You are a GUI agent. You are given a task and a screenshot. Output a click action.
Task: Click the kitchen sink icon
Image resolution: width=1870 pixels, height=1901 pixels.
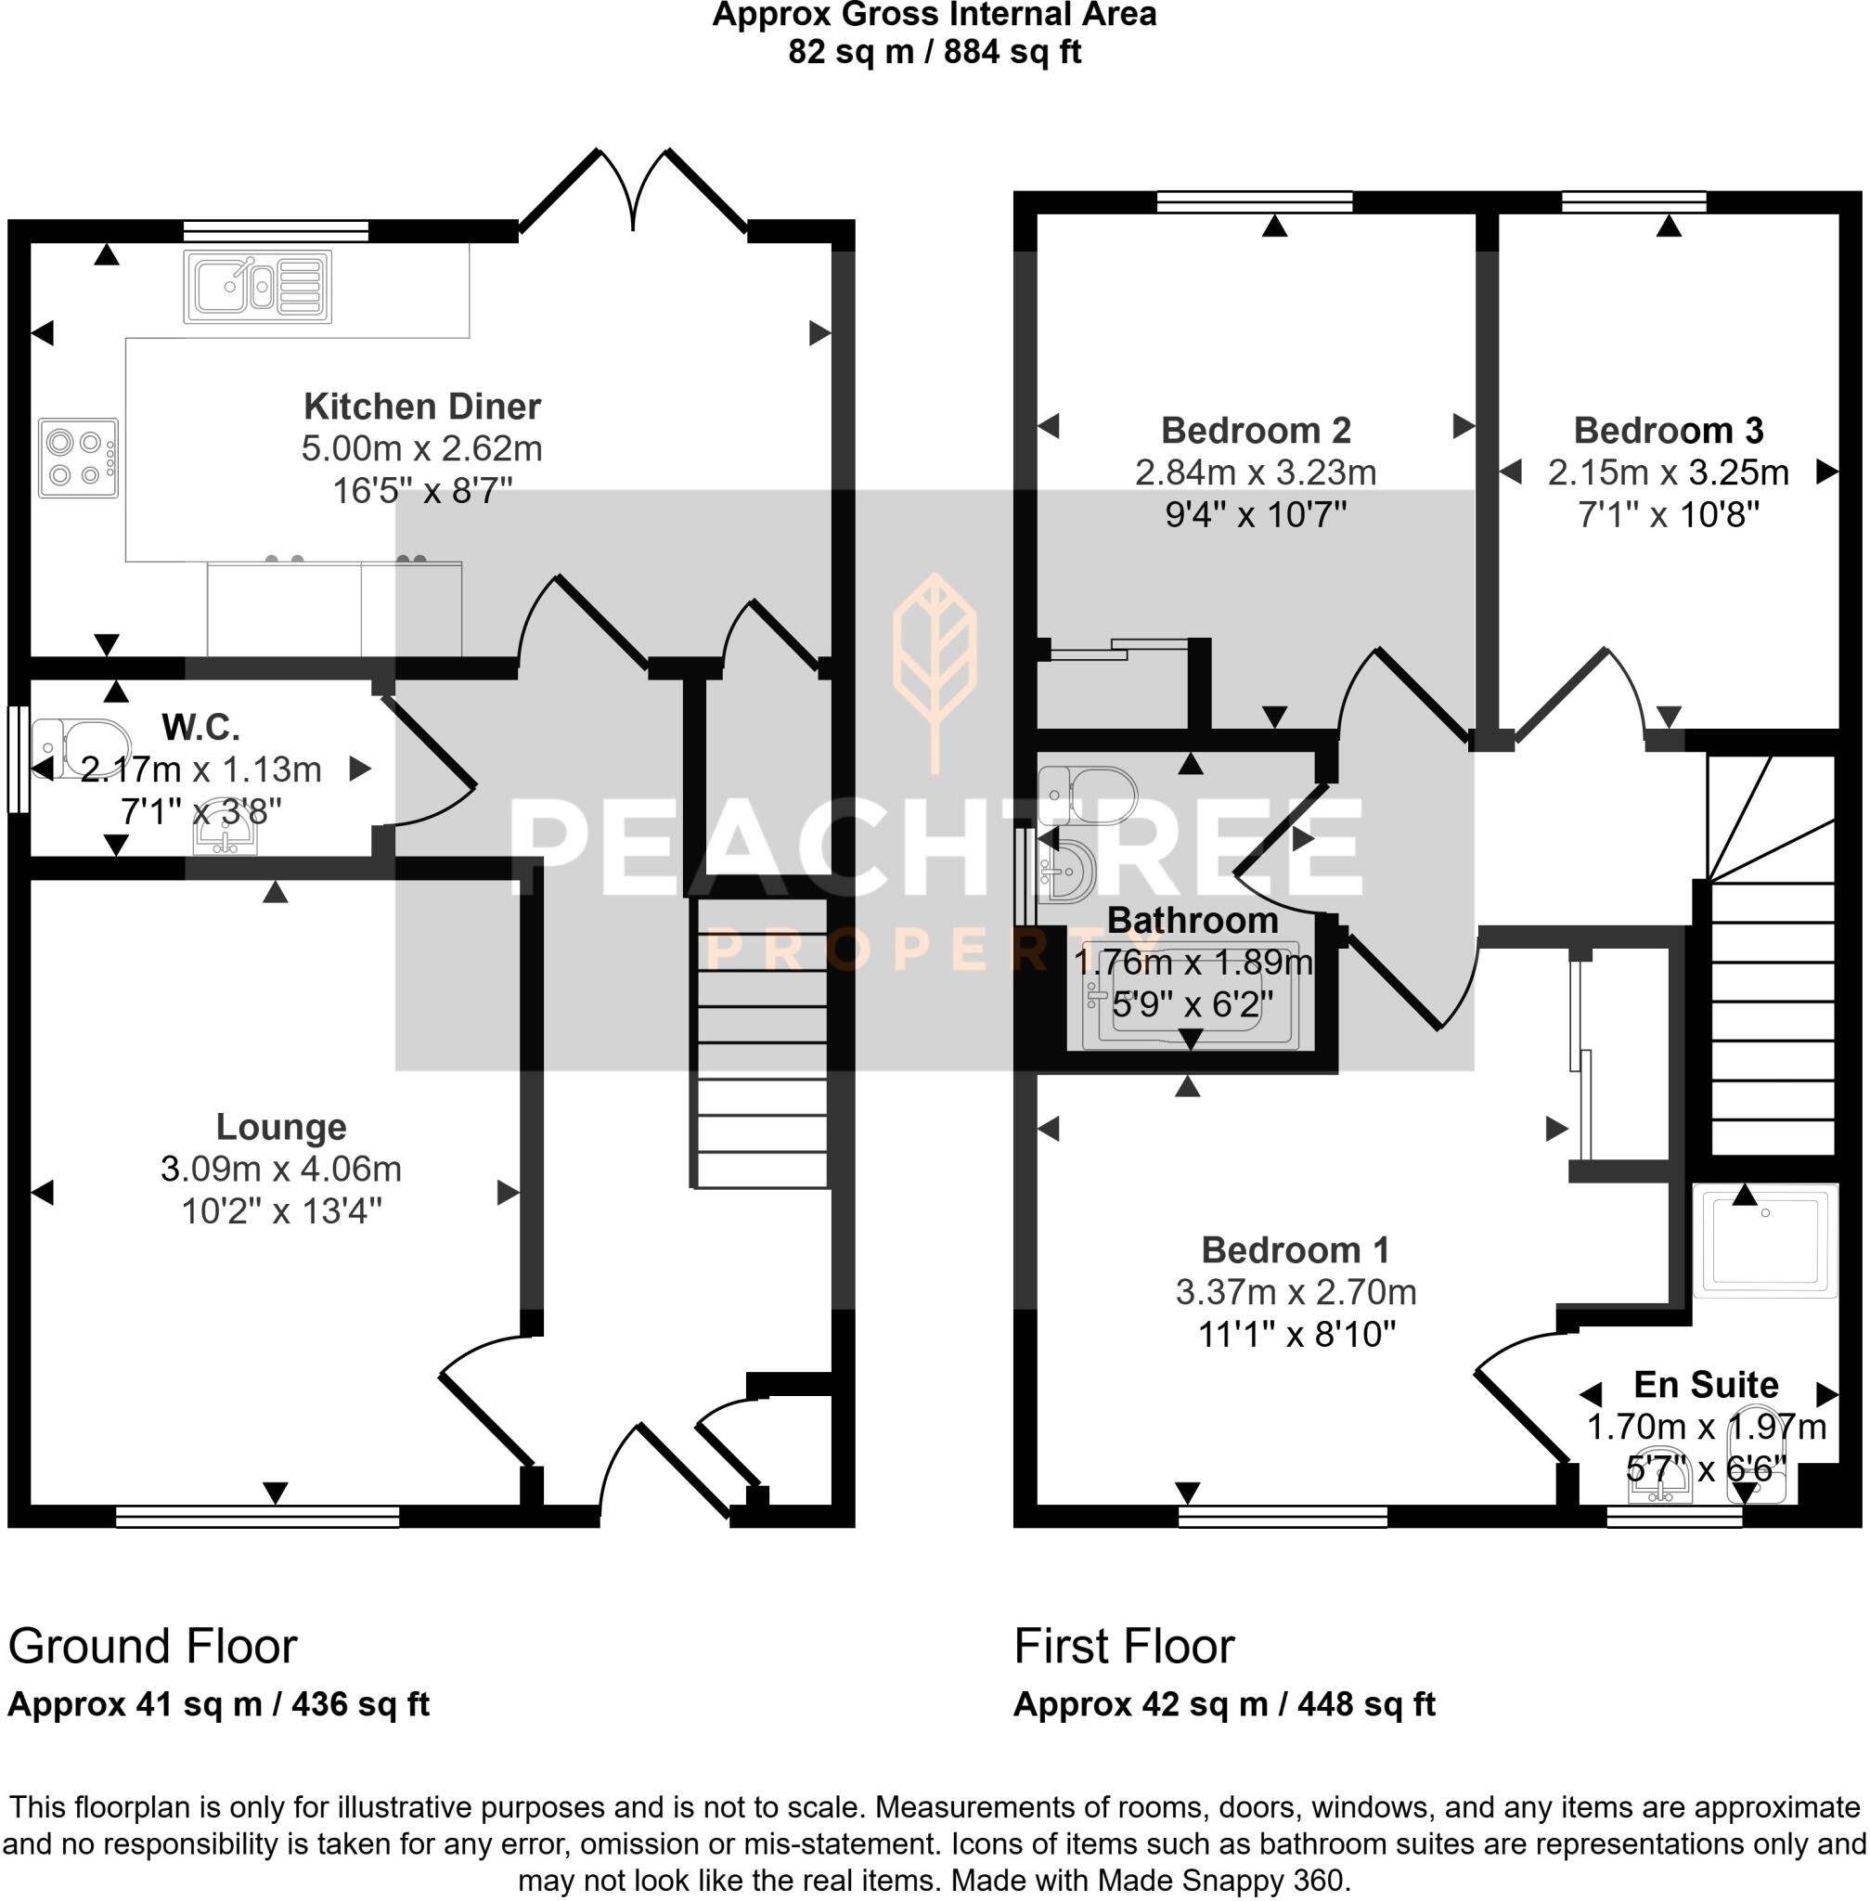coord(257,286)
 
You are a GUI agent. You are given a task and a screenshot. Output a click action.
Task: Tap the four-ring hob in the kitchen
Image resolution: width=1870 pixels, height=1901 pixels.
coord(79,458)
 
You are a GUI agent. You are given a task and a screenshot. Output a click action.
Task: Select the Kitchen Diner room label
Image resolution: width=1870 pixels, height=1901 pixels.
coord(421,406)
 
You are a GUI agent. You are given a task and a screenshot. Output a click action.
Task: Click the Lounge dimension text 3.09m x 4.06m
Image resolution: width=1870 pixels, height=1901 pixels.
coord(281,1169)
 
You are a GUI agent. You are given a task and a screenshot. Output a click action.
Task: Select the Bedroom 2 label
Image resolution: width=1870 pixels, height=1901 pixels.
coord(1256,431)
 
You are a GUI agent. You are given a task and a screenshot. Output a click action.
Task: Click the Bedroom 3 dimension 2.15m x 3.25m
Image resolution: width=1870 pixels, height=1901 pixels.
coord(1668,472)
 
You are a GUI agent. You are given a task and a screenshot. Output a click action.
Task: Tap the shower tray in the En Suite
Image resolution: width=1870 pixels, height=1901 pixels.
coord(1764,1241)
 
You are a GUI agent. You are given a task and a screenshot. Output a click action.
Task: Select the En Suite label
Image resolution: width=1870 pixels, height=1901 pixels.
coord(1706,1384)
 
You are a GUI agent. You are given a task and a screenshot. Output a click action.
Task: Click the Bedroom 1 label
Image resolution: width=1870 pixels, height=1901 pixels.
coord(1295,1249)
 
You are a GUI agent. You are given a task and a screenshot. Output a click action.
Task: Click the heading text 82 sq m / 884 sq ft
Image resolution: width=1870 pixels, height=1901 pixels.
coord(934,51)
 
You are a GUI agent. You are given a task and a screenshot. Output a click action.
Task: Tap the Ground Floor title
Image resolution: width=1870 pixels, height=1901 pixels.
coord(152,1646)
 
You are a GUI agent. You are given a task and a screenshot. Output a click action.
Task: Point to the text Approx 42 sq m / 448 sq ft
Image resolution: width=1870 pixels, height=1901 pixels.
coord(1224,1703)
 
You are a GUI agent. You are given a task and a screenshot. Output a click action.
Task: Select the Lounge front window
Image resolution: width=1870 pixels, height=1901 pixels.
coord(257,1518)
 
